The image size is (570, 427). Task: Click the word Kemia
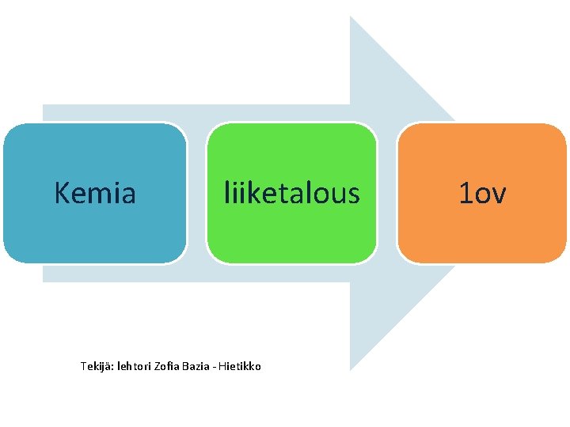pos(95,192)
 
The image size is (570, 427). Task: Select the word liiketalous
pos(291,192)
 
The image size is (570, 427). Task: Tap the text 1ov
pos(482,192)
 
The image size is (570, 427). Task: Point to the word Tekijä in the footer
pos(97,366)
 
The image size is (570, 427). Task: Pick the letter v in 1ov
pos(498,194)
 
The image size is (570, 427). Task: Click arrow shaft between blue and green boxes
pos(196,192)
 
